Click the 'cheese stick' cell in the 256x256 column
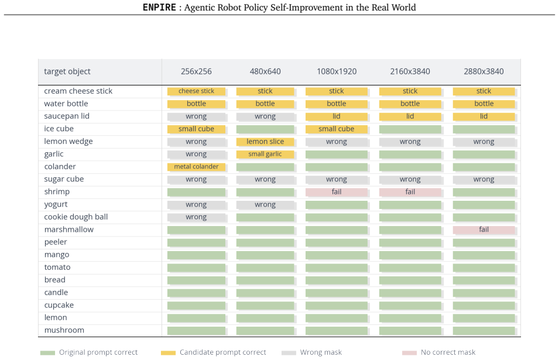point(196,91)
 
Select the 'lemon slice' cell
point(265,142)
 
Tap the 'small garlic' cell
point(265,154)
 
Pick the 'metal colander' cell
point(196,166)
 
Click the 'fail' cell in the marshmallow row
point(483,229)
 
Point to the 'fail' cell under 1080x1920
point(336,192)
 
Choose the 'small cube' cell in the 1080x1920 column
point(336,129)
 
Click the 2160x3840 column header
point(410,71)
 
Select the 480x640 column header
point(265,71)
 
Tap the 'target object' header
point(67,71)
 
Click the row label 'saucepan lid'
point(67,116)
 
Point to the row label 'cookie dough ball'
point(76,217)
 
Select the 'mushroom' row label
point(64,330)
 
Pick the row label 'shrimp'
point(57,192)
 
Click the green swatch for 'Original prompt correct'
point(47,353)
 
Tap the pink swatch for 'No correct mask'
point(409,353)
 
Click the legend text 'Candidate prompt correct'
point(223,352)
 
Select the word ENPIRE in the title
point(159,8)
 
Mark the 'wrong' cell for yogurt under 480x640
point(265,205)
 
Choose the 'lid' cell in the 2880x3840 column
point(483,116)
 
